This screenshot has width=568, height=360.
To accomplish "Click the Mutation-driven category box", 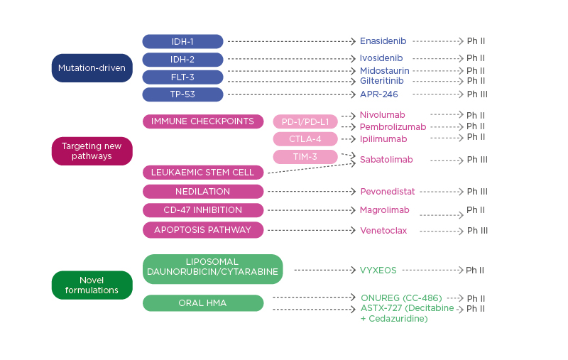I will [x=92, y=68].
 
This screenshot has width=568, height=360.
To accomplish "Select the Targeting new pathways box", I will [x=92, y=151].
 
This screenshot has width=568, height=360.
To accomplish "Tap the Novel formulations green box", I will [x=92, y=285].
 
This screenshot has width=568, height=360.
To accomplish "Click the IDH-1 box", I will [x=182, y=41].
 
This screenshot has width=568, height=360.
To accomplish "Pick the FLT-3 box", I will [x=182, y=77].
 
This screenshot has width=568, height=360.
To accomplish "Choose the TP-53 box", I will [x=182, y=94].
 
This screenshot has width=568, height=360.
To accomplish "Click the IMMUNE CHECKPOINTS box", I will [x=202, y=121].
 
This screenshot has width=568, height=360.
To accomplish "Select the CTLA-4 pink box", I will [x=305, y=139].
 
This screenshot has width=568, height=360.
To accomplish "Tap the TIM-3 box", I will [x=305, y=157].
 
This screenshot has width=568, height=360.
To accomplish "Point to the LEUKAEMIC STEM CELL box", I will [x=202, y=173].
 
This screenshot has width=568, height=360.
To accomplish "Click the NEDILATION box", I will [x=202, y=192].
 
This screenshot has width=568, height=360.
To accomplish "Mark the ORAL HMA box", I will [x=202, y=303].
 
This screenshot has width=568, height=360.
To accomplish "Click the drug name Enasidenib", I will [x=383, y=41].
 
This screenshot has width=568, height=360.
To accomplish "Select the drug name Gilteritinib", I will [x=382, y=81].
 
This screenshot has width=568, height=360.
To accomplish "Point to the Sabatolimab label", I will [x=386, y=160].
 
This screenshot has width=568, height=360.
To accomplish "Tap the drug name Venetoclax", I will [x=383, y=231].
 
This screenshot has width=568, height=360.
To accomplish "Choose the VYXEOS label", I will [x=378, y=271].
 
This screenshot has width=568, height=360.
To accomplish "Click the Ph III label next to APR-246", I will [x=477, y=94].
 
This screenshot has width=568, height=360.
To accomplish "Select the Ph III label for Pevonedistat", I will [x=477, y=192].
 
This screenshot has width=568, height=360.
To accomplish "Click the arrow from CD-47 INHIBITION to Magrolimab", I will [x=310, y=210].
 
